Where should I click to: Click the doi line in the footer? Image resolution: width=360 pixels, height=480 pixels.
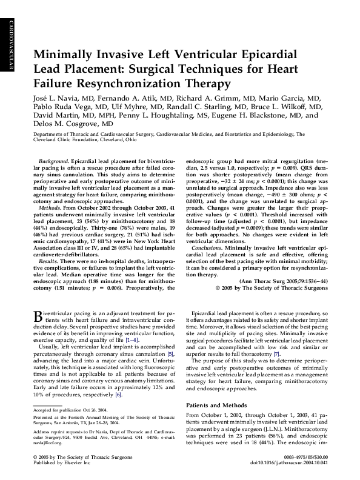pyautogui.click(x=299, y=470)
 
